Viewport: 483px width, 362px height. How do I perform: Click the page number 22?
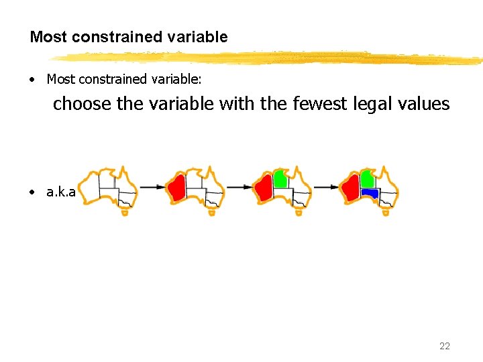[444, 346]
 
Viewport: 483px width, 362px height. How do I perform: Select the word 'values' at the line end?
[425, 104]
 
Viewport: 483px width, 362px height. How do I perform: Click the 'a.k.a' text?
[60, 192]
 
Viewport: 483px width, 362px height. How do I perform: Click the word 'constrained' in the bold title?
[109, 37]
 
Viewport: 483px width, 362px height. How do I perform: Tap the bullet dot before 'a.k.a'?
[33, 192]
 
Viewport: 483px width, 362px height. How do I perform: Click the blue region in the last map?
[370, 193]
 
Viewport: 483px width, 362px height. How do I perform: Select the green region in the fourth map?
[366, 178]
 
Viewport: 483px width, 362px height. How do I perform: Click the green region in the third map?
[280, 178]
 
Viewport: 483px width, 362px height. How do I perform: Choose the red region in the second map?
[176, 188]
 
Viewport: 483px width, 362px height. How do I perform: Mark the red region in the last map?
[350, 189]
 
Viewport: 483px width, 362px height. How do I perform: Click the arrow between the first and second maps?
[151, 187]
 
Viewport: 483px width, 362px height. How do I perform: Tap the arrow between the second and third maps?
[238, 187]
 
